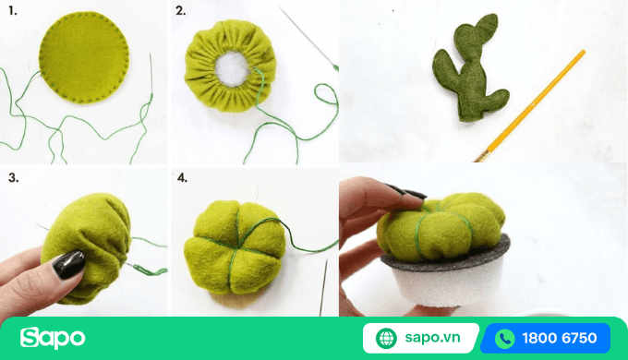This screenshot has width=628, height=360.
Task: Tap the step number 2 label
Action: point(180,12)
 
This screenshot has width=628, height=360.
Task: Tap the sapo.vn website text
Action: point(434,338)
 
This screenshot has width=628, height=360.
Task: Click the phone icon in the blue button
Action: point(504,338)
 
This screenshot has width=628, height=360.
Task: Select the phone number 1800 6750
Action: point(560,338)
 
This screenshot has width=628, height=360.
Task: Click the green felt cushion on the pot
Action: point(443,222)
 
